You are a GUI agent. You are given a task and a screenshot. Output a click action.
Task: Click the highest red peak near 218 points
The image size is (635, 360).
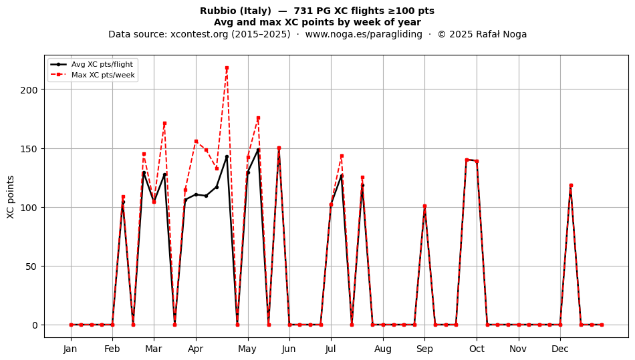click(227, 68)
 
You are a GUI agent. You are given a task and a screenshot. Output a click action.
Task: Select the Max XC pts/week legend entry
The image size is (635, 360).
click(93, 75)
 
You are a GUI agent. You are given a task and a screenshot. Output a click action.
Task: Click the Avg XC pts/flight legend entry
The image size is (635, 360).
click(92, 64)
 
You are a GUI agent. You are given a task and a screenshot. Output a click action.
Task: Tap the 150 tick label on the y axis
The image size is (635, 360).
click(29, 149)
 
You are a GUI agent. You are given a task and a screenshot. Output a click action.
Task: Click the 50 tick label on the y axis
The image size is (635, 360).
click(31, 266)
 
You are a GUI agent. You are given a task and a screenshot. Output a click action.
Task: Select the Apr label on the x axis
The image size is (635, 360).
click(196, 349)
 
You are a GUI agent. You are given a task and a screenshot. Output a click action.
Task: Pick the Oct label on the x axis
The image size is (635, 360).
click(477, 349)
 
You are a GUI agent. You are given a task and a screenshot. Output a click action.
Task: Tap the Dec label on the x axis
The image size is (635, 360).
click(560, 349)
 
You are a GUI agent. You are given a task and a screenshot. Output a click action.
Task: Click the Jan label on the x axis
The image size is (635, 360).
click(70, 349)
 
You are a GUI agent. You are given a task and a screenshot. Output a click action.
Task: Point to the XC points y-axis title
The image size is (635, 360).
click(11, 197)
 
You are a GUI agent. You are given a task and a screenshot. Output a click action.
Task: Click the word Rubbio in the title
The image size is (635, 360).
click(215, 11)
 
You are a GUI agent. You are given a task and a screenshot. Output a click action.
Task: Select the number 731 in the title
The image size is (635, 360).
click(302, 11)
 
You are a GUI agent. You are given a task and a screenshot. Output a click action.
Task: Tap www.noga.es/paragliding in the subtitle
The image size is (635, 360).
click(364, 34)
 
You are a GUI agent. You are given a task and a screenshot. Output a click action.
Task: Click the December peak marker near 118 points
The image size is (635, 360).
click(571, 186)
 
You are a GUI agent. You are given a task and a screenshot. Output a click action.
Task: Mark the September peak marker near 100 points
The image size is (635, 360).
click(425, 206)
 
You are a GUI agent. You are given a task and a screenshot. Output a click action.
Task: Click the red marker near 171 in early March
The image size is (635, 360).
click(164, 124)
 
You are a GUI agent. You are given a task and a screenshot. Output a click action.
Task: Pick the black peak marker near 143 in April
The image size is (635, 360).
click(227, 156)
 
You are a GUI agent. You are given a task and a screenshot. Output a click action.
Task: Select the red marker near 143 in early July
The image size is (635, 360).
click(342, 156)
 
